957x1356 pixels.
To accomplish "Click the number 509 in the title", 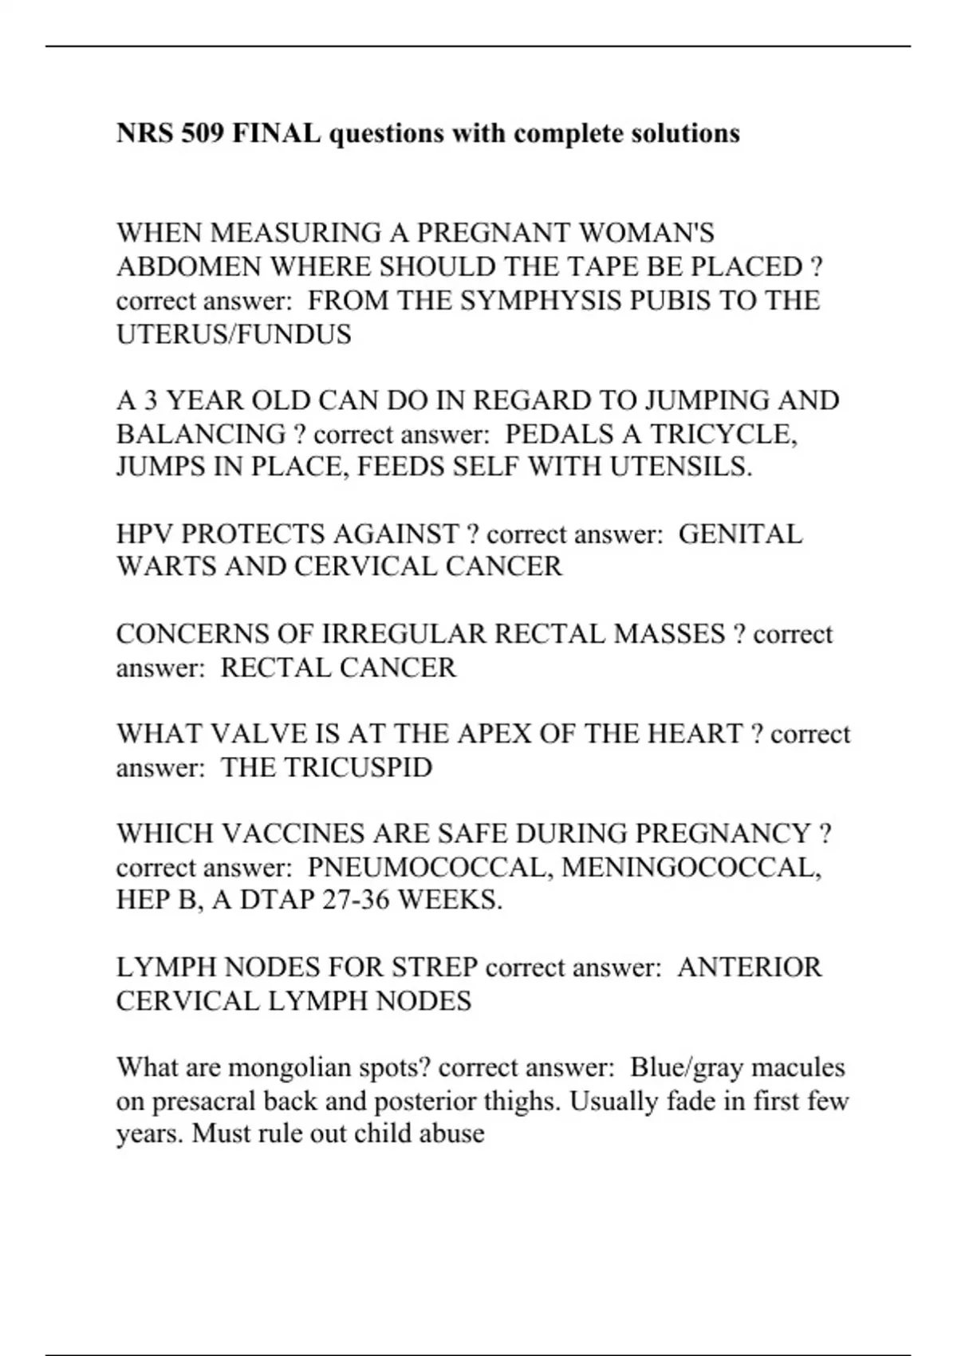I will [x=203, y=132].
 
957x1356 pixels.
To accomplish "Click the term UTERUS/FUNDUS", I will [x=234, y=334].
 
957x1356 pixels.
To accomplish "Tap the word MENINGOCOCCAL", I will [x=691, y=867].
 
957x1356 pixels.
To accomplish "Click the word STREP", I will [x=434, y=968].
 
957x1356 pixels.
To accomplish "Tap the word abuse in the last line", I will [x=455, y=1133].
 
